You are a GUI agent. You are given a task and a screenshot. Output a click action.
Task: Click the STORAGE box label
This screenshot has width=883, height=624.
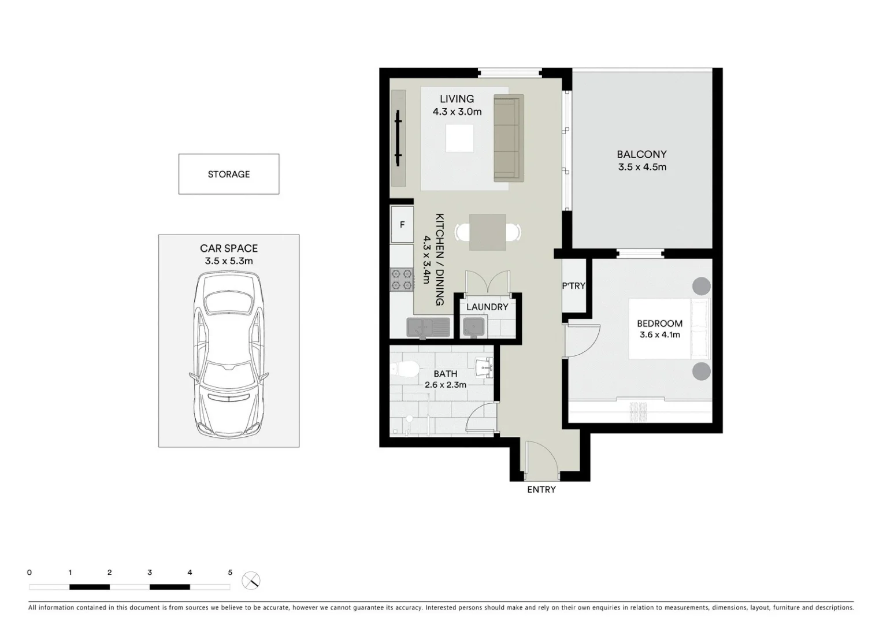pyautogui.click(x=229, y=174)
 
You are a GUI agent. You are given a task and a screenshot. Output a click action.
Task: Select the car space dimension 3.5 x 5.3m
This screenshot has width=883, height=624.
pyautogui.click(x=229, y=261)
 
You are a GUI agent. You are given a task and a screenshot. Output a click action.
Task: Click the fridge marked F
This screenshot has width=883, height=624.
pyautogui.click(x=402, y=224)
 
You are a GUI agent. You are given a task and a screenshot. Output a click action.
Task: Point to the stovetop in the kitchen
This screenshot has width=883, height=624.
pyautogui.click(x=402, y=280)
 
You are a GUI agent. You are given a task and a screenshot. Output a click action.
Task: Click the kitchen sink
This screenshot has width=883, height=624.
pyautogui.click(x=428, y=328)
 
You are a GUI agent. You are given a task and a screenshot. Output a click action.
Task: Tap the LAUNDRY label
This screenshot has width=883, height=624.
pyautogui.click(x=487, y=307)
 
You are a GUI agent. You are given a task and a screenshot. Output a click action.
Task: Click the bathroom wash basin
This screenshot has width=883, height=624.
pyautogui.click(x=484, y=366)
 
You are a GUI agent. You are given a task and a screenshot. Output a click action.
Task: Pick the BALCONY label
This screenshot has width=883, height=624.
pyautogui.click(x=641, y=154)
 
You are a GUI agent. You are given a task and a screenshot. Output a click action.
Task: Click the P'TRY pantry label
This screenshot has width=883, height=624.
pyautogui.click(x=574, y=285)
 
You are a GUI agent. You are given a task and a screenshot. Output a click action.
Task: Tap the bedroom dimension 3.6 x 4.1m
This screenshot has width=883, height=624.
pyautogui.click(x=659, y=335)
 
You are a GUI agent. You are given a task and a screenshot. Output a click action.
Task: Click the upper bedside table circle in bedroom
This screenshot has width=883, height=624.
pyautogui.click(x=701, y=286)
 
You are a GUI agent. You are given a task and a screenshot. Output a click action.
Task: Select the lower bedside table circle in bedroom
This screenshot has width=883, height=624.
pyautogui.click(x=701, y=371)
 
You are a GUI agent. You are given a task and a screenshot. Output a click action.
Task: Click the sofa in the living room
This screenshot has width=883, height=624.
pyautogui.click(x=508, y=138)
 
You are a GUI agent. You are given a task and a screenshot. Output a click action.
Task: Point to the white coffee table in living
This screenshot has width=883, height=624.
pyautogui.click(x=459, y=138)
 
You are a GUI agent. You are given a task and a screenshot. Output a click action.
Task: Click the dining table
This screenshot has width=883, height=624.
pyautogui.click(x=487, y=232)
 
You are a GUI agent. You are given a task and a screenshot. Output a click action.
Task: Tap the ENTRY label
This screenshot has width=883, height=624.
pyautogui.click(x=541, y=489)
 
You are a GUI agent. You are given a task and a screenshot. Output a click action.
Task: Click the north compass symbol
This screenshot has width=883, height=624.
pyautogui.click(x=251, y=580)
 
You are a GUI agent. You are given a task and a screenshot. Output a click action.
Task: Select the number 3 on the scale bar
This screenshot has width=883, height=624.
pyautogui.click(x=150, y=573)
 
